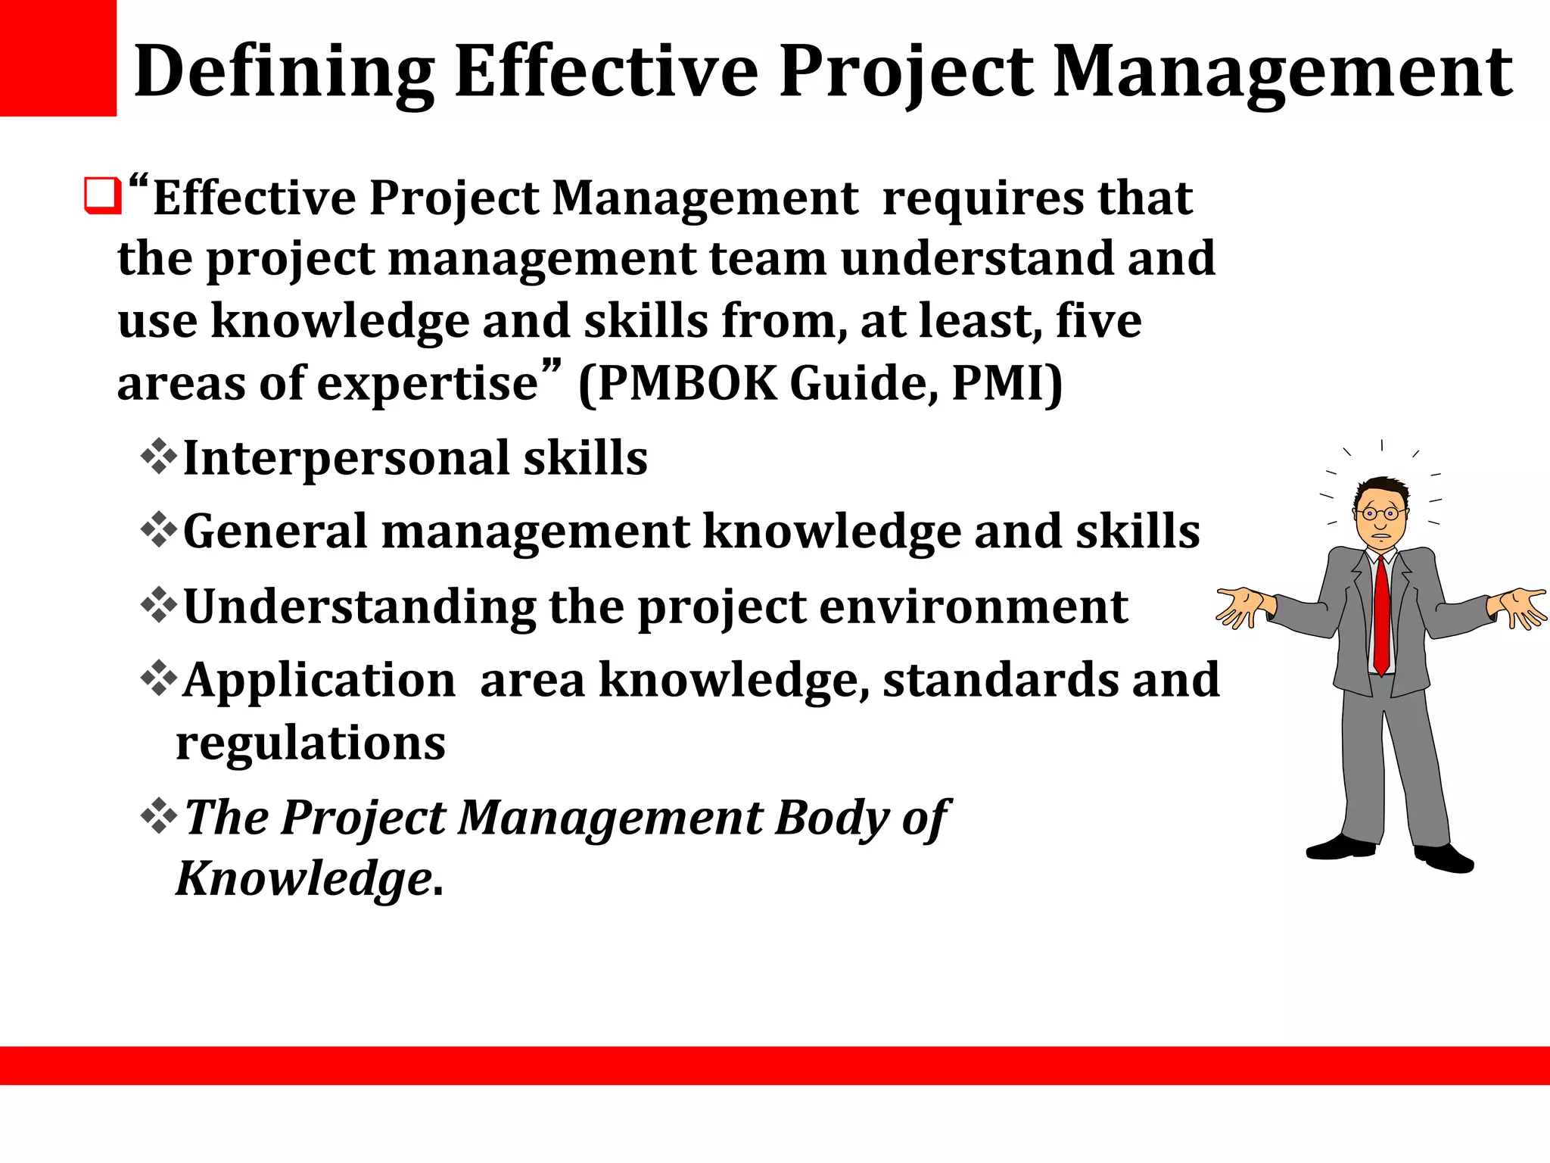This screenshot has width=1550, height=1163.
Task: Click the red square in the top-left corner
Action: point(58,58)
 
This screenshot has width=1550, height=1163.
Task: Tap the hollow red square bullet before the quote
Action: point(102,196)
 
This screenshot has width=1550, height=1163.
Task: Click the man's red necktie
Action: point(1381,613)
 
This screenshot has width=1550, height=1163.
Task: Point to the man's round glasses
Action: point(1380,514)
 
